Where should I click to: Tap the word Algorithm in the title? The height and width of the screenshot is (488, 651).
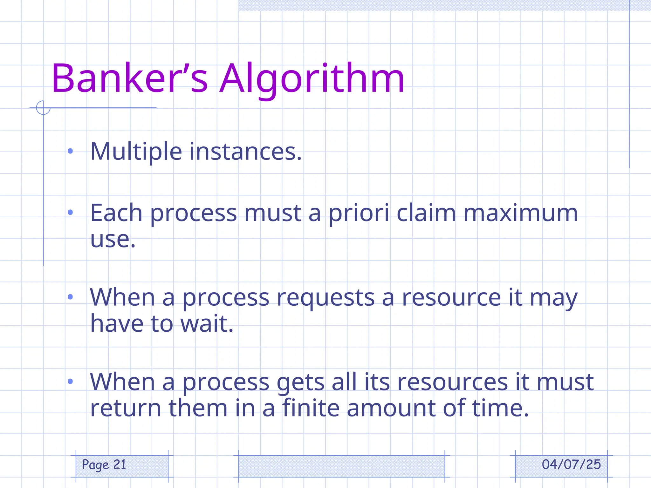[x=312, y=79]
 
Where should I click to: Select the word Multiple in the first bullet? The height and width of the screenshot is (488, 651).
[x=136, y=152]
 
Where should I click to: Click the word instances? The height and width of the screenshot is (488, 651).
[x=245, y=152]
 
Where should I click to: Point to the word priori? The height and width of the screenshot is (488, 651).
[x=359, y=213]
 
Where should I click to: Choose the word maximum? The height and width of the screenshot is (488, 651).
[x=520, y=213]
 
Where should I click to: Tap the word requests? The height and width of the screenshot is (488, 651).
[x=325, y=298]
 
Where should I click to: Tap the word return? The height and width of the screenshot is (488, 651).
[x=126, y=408]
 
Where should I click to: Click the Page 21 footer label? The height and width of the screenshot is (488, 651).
[x=104, y=465]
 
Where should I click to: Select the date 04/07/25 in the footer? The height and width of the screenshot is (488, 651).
[x=571, y=464]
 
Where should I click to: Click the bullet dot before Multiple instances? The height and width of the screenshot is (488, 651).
[x=71, y=151]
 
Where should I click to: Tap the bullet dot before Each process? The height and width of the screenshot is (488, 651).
[x=71, y=212]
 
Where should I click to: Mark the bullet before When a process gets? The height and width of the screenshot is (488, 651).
[x=71, y=381]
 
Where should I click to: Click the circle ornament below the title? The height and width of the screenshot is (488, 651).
[x=43, y=108]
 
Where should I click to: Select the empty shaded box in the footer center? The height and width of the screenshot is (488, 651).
[x=341, y=466]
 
